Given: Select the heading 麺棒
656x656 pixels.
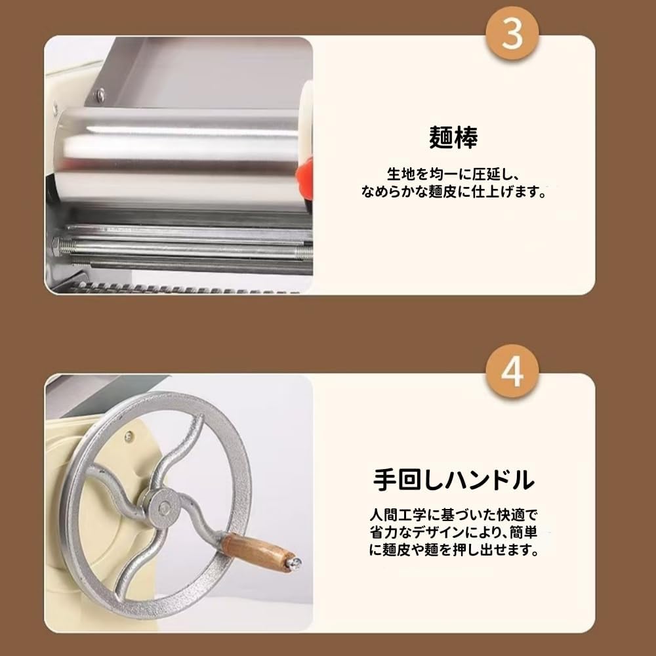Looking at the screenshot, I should [453, 138].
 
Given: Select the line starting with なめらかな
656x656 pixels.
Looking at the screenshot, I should [454, 193].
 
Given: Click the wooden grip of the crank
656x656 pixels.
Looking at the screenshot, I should [253, 549].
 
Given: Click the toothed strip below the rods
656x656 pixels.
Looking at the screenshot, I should [184, 287].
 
